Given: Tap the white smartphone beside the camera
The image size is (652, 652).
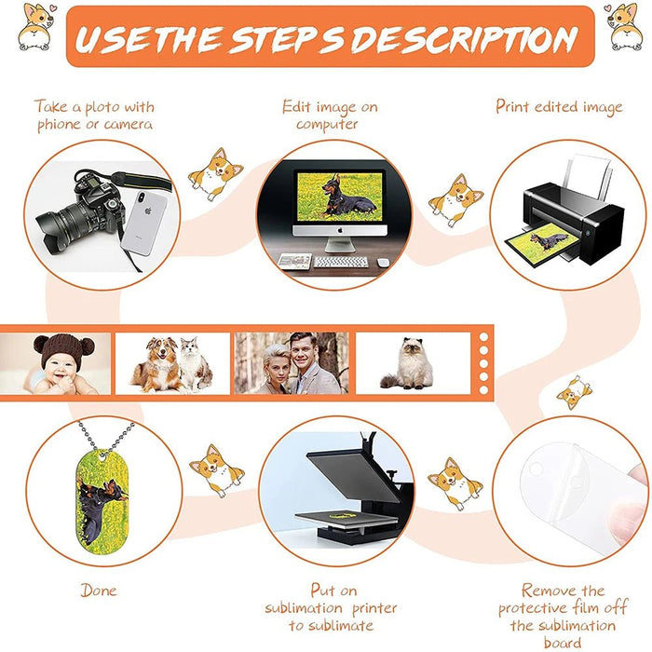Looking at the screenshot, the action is pyautogui.click(x=143, y=223).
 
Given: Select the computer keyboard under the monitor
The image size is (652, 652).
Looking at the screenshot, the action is pyautogui.click(x=341, y=262).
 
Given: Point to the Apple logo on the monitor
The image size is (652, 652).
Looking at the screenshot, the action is pyautogui.click(x=340, y=230).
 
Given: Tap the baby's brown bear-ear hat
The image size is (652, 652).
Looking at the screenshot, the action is pyautogui.click(x=63, y=350).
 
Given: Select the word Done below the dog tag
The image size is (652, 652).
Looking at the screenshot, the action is pyautogui.click(x=99, y=591).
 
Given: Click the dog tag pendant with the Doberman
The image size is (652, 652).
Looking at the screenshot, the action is pyautogui.click(x=102, y=500).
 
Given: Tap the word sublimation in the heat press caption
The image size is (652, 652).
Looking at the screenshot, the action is pyautogui.click(x=304, y=608).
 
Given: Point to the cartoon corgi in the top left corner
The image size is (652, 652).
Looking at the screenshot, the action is pyautogui.click(x=35, y=27).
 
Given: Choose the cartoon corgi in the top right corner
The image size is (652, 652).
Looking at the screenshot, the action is pyautogui.click(x=621, y=27).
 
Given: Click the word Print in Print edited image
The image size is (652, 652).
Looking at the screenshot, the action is pyautogui.click(x=512, y=107).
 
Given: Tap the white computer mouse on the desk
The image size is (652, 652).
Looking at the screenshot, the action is pyautogui.click(x=384, y=263).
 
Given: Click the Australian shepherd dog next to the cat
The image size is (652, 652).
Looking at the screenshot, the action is pyautogui.click(x=158, y=365).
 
